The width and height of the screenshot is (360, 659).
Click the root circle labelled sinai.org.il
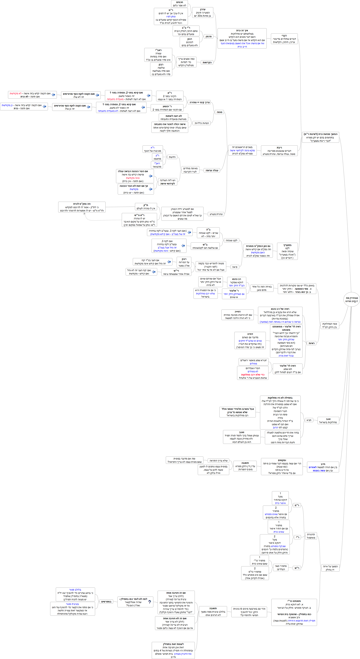tap(352, 300)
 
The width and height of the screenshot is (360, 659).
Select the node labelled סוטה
tap(220, 112)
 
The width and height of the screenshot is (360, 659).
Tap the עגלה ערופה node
tap(212, 170)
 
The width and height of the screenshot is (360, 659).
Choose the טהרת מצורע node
tap(216, 214)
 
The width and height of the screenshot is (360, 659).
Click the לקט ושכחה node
tap(231, 240)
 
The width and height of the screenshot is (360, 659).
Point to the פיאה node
tap(235, 267)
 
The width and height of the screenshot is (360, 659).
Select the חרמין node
tap(209, 37)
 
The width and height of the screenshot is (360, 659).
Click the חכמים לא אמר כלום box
tap(179, 4)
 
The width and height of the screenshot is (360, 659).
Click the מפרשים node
tap(106, 601)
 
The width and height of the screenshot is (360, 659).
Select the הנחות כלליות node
tap(202, 123)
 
